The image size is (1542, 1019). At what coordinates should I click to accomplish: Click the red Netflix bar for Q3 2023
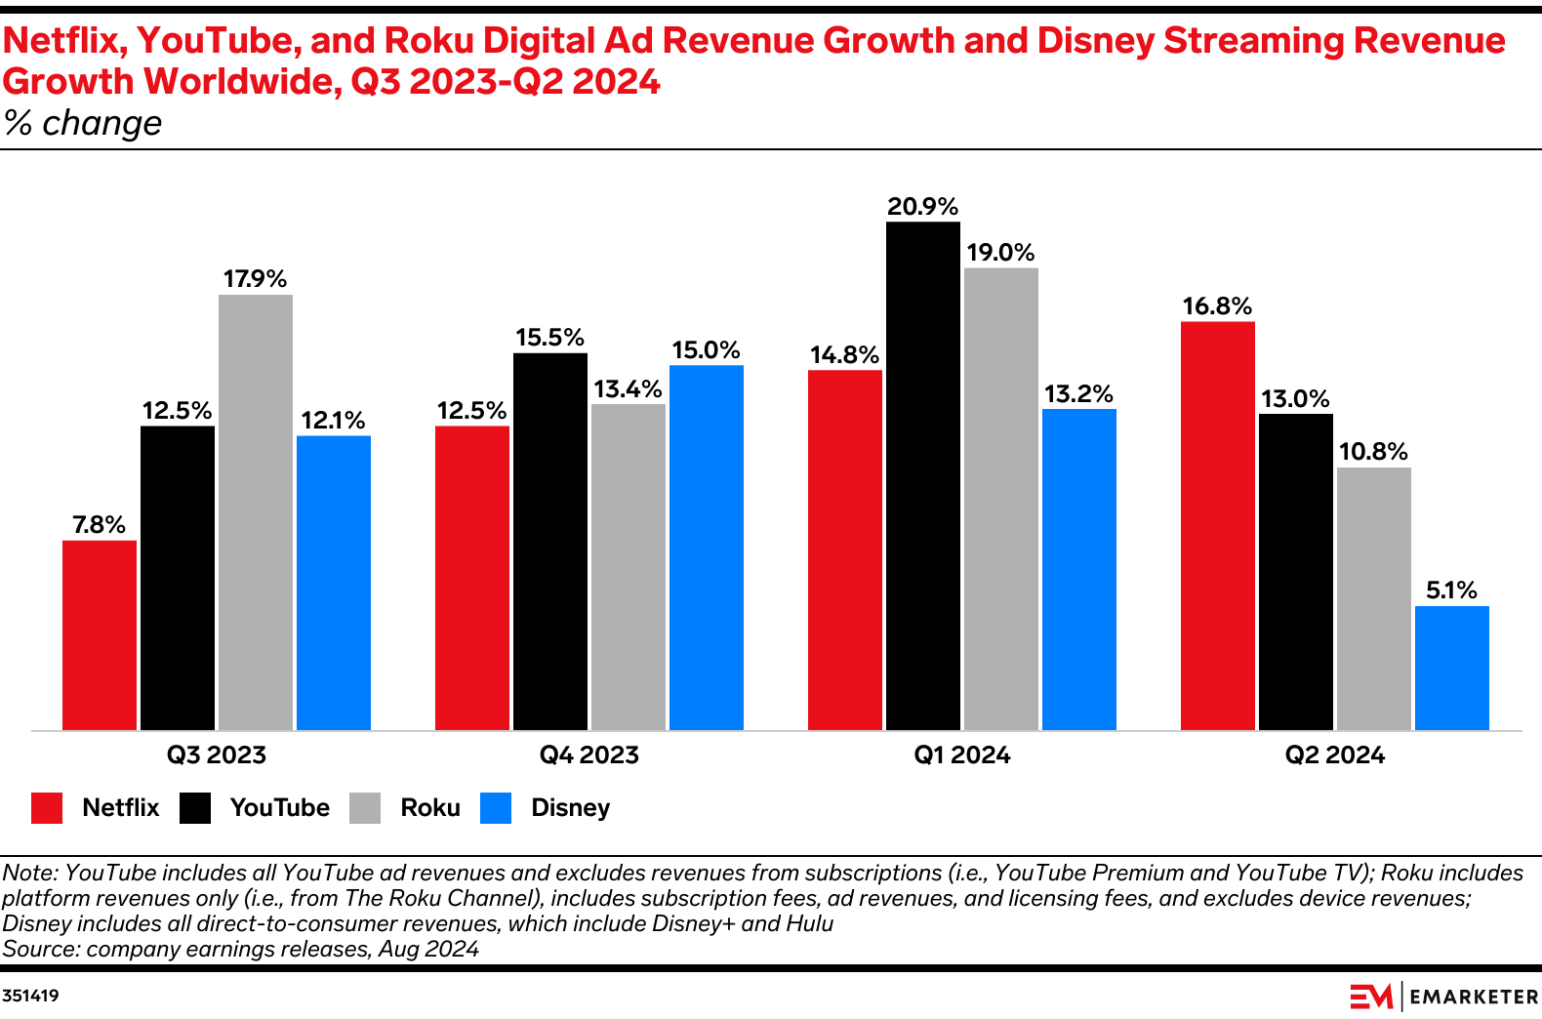(x=100, y=634)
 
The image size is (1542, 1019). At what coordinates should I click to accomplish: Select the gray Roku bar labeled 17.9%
(x=256, y=512)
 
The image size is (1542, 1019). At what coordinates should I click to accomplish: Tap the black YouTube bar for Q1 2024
(x=923, y=475)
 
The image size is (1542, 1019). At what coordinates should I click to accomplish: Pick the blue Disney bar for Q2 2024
(x=1452, y=668)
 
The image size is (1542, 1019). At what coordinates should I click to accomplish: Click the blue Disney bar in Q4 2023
(x=707, y=548)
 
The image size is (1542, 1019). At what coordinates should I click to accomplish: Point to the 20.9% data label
(x=923, y=207)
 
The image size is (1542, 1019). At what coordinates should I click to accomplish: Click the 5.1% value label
(x=1452, y=591)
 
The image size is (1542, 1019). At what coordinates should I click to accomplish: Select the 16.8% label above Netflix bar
(x=1217, y=306)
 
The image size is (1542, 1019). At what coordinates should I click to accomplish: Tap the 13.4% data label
(x=629, y=389)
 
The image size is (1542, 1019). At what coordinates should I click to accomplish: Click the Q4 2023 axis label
(x=589, y=755)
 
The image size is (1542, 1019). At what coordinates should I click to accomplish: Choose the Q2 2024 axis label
(x=1335, y=755)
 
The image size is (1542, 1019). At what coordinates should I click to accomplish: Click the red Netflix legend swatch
(x=47, y=808)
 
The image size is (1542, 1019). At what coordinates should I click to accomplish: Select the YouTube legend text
(x=279, y=808)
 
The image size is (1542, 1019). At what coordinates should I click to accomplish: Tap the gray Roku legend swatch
(x=365, y=808)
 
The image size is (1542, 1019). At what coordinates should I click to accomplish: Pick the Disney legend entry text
(x=570, y=808)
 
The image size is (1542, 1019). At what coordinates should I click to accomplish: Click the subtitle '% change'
(x=83, y=124)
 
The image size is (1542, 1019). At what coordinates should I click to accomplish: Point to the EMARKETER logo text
(x=1474, y=997)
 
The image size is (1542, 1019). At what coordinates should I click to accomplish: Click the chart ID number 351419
(x=30, y=996)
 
